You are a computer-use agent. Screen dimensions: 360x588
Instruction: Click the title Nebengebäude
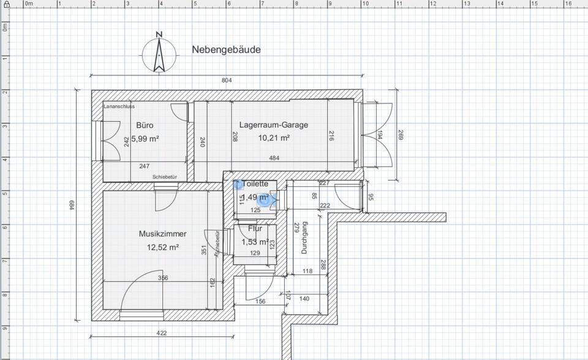(226, 50)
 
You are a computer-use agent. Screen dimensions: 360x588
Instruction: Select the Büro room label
(145, 125)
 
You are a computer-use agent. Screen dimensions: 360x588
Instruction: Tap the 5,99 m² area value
(145, 139)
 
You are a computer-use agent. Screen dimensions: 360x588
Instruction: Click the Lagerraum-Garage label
(273, 125)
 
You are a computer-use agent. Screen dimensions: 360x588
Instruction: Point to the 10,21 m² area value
(274, 138)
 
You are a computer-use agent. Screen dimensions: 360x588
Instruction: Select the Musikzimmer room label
(162, 234)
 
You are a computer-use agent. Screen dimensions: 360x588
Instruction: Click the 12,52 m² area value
(162, 247)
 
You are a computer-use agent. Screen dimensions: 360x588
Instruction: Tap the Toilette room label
(255, 184)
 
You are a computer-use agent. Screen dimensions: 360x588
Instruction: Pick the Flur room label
(255, 229)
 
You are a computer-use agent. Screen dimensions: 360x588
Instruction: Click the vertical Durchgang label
(304, 238)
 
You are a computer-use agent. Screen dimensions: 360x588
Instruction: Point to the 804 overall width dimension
(227, 80)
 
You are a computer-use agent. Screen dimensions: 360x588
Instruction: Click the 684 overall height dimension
(70, 206)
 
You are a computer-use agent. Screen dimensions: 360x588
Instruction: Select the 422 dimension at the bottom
(162, 334)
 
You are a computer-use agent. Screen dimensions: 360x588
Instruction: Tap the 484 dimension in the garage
(274, 159)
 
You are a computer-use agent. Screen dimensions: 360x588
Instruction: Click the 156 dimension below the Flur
(260, 301)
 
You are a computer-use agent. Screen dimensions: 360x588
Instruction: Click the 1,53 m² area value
(255, 242)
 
